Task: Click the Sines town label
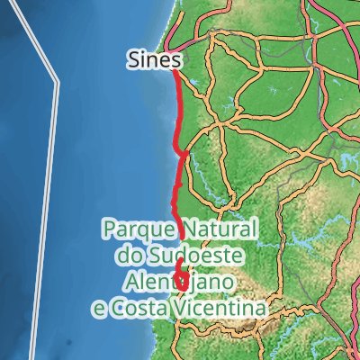(x=155, y=60)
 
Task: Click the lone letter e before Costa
(x=100, y=309)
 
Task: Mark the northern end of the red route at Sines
(x=174, y=72)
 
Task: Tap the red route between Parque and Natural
(x=183, y=228)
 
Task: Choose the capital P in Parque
(x=108, y=229)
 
